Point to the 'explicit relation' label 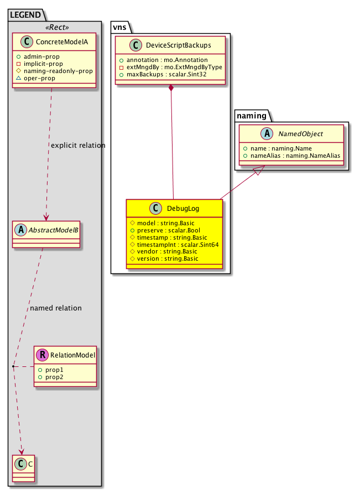pos(78,146)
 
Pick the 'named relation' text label pos(55,308)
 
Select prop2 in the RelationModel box pos(55,376)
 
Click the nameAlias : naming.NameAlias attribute pos(293,156)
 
